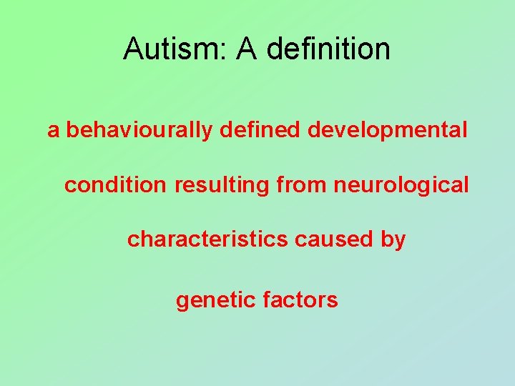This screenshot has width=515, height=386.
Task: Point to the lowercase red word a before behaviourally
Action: pyautogui.click(x=54, y=132)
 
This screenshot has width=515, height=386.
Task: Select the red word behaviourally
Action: pyautogui.click(x=139, y=131)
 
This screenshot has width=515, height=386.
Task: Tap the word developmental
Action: pyautogui.click(x=388, y=132)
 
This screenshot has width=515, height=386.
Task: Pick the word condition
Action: pyautogui.click(x=115, y=185)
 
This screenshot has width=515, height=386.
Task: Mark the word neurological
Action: pyautogui.click(x=401, y=185)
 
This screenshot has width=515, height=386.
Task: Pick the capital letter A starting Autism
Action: pyautogui.click(x=132, y=49)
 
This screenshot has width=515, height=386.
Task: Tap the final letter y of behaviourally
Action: pyautogui.click(x=207, y=133)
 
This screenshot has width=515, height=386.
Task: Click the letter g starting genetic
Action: pyautogui.click(x=182, y=302)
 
